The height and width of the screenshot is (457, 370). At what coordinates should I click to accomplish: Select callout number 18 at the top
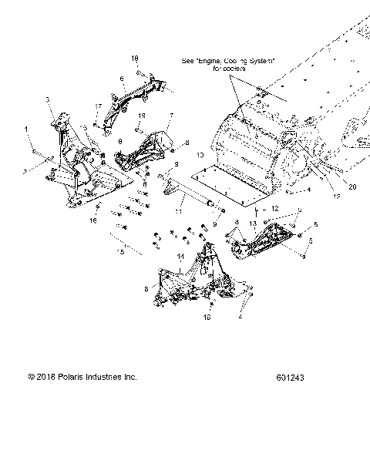(x=134, y=59)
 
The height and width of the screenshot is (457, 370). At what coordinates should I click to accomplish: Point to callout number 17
(x=98, y=106)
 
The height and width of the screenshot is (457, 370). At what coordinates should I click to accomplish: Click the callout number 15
(x=120, y=249)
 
